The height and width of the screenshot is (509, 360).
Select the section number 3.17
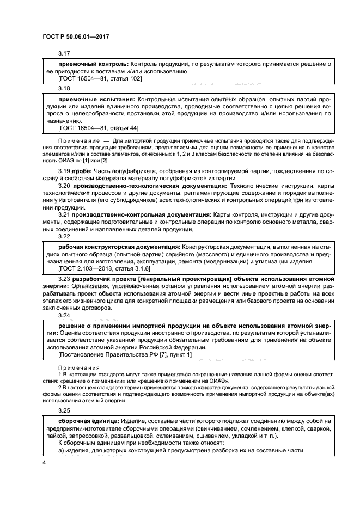click(x=64, y=53)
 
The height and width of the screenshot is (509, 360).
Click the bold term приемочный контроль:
click(x=92, y=64)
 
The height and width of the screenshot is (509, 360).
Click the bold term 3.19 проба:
click(x=76, y=172)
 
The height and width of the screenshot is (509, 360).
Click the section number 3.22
click(x=64, y=236)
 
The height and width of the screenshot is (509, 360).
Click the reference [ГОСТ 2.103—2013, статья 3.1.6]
click(x=104, y=268)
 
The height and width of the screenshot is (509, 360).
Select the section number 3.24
click(x=64, y=314)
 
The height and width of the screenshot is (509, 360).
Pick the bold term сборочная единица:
click(x=90, y=421)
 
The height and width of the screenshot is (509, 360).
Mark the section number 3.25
click(x=64, y=411)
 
